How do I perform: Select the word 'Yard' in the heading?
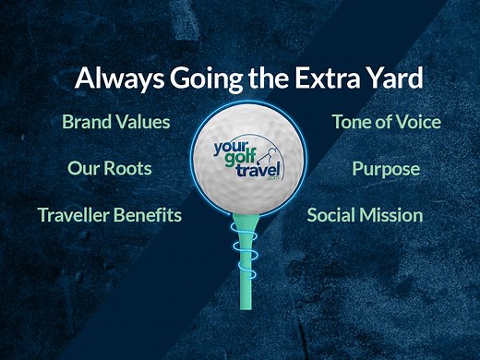(x=393, y=78)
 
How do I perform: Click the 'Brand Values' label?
(x=116, y=122)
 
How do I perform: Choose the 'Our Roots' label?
(x=110, y=169)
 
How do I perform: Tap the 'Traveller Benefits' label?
(x=110, y=216)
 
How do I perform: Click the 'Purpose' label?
(x=386, y=169)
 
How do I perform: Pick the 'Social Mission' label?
(x=365, y=216)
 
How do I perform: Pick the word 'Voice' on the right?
(x=417, y=122)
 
